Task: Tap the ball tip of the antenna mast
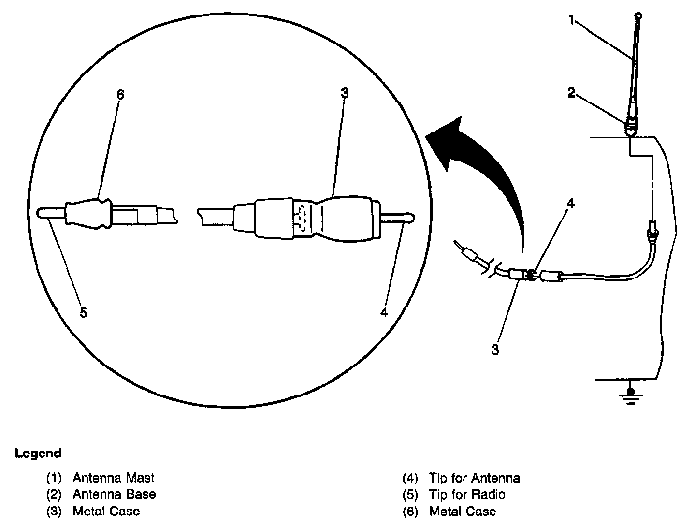[639, 15]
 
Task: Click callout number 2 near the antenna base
[571, 93]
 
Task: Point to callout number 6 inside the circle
[120, 94]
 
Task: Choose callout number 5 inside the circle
[84, 313]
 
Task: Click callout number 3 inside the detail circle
[344, 93]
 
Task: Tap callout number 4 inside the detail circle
[384, 313]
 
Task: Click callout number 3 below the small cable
[495, 350]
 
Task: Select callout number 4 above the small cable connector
[571, 204]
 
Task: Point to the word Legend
[39, 454]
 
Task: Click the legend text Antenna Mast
[113, 478]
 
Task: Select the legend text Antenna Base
[114, 495]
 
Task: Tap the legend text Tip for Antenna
[474, 478]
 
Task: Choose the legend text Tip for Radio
[467, 495]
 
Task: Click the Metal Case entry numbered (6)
[462, 511]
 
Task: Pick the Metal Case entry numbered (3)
[106, 511]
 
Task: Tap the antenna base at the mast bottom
[631, 127]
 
